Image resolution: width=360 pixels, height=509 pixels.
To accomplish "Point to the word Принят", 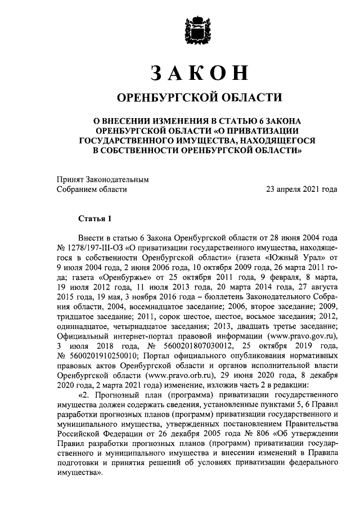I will pos(69,179).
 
